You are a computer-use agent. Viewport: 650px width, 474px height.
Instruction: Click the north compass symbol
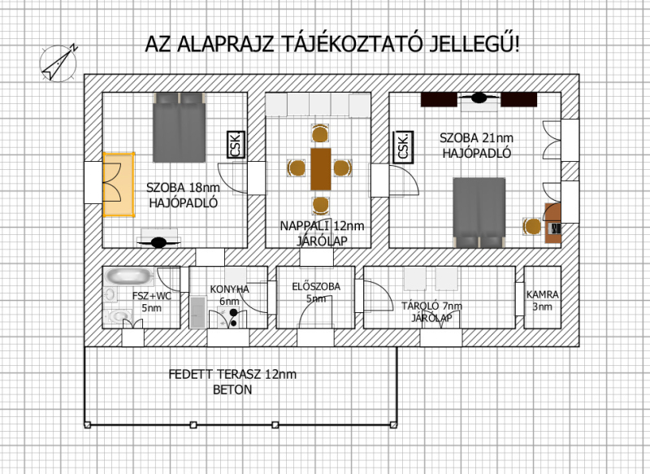click(58, 63)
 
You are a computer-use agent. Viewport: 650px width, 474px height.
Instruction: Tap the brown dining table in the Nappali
click(321, 169)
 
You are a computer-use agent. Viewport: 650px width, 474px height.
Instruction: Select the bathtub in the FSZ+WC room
click(128, 276)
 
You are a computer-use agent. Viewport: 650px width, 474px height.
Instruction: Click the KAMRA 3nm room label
click(542, 301)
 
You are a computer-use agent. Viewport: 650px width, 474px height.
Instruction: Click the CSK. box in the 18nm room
click(236, 145)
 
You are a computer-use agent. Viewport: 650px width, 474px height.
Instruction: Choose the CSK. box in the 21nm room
click(403, 146)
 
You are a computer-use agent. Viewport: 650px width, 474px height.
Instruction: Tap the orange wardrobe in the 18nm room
click(119, 185)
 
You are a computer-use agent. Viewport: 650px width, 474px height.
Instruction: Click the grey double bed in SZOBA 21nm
click(479, 213)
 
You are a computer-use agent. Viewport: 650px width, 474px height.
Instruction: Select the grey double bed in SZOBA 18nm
click(179, 128)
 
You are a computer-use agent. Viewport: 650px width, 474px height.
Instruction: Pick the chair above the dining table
click(320, 134)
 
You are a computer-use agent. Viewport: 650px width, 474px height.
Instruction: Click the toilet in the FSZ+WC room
click(117, 316)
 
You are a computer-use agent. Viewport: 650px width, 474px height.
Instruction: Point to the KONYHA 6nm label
click(229, 295)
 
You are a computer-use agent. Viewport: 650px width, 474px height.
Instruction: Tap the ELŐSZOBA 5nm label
click(316, 293)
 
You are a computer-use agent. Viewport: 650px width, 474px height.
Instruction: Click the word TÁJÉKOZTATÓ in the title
click(353, 44)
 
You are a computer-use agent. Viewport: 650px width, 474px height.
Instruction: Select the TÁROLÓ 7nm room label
click(431, 312)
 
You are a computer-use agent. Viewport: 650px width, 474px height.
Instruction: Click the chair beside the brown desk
click(532, 226)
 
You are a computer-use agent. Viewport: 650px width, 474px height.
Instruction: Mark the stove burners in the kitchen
click(234, 318)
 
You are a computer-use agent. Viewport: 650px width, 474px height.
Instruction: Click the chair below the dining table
click(320, 205)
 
